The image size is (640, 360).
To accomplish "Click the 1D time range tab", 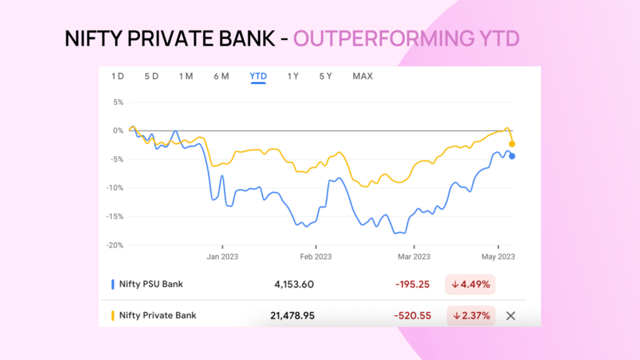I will (117, 76).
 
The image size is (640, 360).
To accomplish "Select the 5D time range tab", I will (151, 76).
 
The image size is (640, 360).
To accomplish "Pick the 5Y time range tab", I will (326, 76).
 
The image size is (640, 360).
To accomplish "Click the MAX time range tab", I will (362, 76).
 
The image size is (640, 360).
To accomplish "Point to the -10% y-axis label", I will (114, 188).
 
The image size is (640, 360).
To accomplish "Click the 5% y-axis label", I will (117, 102).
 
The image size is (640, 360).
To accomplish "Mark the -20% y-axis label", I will (114, 246).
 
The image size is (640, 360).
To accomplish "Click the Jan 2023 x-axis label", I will (222, 256).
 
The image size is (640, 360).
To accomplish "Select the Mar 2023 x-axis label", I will (414, 256).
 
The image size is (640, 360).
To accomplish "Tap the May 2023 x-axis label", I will (497, 256).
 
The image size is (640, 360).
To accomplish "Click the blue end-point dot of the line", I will (512, 156).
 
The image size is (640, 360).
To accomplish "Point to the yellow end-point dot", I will (512, 144).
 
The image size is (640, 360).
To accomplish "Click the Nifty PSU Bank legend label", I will (151, 284).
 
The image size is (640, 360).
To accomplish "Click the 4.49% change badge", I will (470, 284).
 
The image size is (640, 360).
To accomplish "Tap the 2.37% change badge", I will (470, 316).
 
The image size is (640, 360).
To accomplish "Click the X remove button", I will (511, 316).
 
